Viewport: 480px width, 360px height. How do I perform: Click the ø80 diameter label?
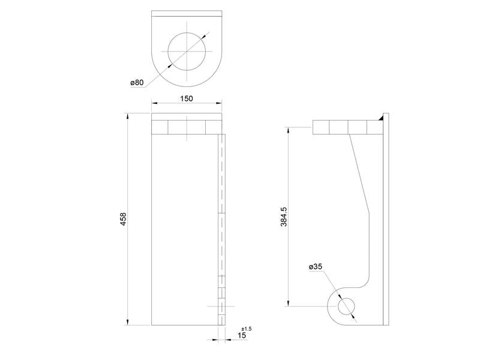(137, 83)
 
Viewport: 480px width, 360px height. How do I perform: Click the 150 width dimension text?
(187, 98)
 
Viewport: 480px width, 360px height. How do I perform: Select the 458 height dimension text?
(123, 219)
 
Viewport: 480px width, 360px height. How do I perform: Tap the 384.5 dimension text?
(284, 216)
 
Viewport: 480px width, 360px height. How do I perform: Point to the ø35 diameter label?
(316, 266)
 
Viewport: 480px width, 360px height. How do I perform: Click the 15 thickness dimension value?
(242, 336)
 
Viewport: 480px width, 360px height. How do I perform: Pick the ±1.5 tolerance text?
(246, 329)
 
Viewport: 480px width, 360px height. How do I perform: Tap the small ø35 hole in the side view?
(346, 307)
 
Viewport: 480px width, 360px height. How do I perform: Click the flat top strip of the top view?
(187, 14)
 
